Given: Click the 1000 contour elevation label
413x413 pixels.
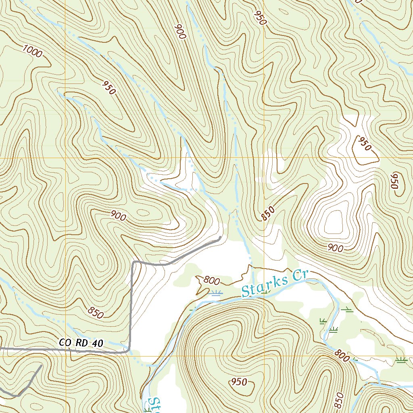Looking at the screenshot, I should pos(32,52).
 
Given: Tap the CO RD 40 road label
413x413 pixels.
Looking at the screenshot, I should pos(81,343).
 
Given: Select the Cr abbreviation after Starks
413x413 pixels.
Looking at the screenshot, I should pos(300,275).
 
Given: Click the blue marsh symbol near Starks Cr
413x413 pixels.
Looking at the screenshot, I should pos(216,293).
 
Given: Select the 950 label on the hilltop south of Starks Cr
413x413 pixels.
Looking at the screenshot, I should pos(239,382).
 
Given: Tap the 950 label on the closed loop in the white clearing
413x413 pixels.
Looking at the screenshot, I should pos(364,144).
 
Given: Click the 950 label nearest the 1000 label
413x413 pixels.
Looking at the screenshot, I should pos(109,88).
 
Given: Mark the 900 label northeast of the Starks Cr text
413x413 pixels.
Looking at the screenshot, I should pos(336,248).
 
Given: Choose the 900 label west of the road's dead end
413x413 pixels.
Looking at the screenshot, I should pos(118,217).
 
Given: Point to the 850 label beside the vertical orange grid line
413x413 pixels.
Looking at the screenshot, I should pos(268,213).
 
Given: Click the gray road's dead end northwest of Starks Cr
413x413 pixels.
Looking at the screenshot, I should pos(220,238).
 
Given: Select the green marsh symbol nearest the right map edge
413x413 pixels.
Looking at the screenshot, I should pos(400,360).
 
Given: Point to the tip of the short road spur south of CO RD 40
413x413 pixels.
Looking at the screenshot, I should pos(41,365).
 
